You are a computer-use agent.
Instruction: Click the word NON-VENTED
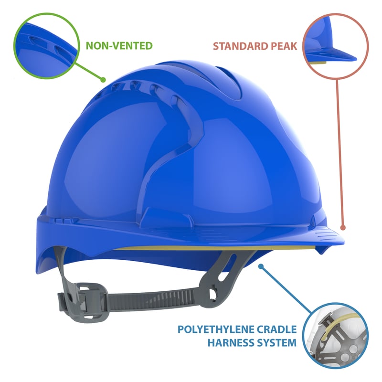tap(119, 46)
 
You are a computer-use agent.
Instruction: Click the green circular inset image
tap(46, 45)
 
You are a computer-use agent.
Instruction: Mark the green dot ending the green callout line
tap(102, 79)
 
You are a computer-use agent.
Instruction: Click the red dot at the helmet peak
tap(342, 229)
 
